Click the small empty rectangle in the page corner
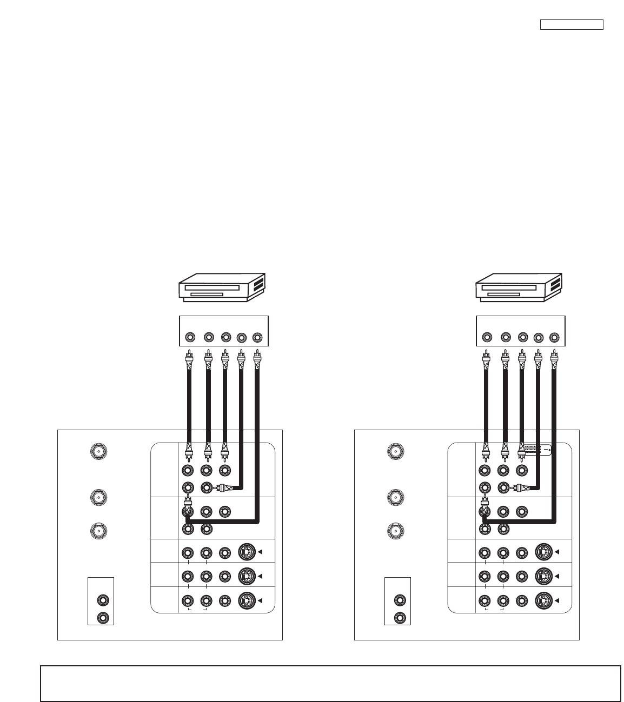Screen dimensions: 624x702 pyautogui.click(x=572, y=25)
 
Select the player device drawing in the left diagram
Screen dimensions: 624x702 pyautogui.click(x=222, y=287)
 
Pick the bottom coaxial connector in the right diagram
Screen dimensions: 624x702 pyautogui.click(x=396, y=531)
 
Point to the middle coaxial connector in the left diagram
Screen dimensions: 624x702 pyautogui.click(x=98, y=496)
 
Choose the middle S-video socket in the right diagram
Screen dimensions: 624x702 pyautogui.click(x=543, y=576)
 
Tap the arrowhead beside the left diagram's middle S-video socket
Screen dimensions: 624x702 pyautogui.click(x=261, y=576)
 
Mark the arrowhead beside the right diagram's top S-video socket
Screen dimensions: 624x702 pyautogui.click(x=558, y=552)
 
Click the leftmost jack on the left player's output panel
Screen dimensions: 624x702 pyautogui.click(x=190, y=338)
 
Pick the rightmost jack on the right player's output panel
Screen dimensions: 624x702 pyautogui.click(x=554, y=338)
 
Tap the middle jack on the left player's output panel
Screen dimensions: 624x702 pyautogui.click(x=225, y=338)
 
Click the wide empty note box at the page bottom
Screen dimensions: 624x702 pyautogui.click(x=330, y=684)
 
